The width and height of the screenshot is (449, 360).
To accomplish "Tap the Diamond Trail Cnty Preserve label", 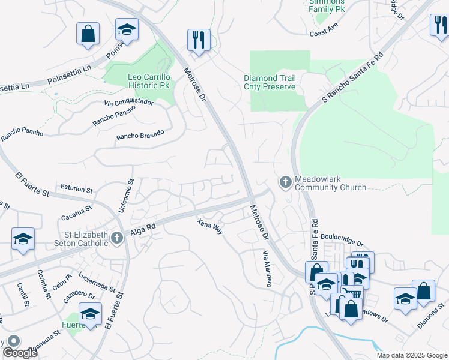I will [x=270, y=83].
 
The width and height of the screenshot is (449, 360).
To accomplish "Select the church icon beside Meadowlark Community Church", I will [x=285, y=181].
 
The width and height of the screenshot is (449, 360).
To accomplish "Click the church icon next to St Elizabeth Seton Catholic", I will [x=117, y=239].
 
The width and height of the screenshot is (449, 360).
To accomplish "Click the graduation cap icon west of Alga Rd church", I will [x=23, y=238].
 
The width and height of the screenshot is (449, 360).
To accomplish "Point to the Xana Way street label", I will [x=210, y=227].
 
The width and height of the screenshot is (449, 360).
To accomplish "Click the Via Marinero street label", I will [x=264, y=268].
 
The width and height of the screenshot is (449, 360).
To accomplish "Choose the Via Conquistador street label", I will [x=128, y=103].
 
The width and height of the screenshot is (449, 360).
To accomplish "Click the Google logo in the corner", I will [x=20, y=353].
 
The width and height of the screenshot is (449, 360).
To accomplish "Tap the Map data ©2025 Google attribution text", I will [x=412, y=355].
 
